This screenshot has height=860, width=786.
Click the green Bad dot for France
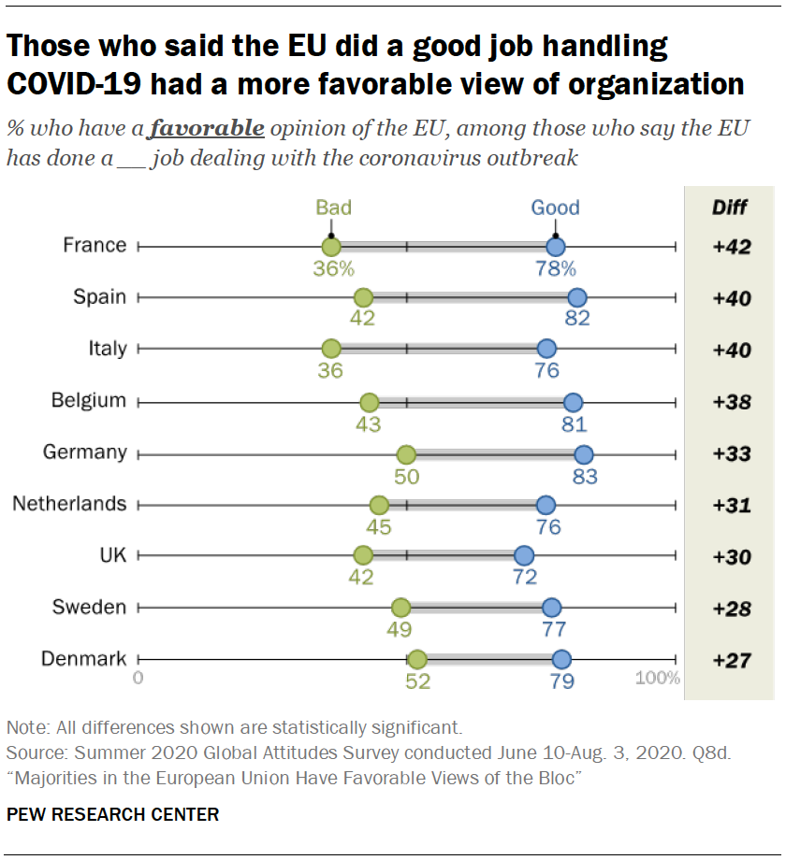pos(330,247)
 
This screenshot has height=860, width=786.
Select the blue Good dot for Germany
pos(583,454)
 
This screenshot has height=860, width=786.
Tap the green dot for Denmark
pos(417,660)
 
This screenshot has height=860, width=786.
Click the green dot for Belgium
pos(369,403)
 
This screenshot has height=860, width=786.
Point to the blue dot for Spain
pos(577,298)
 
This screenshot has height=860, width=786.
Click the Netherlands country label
pos(69,504)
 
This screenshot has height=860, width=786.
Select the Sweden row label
pos(90,608)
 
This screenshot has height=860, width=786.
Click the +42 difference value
pos(731,248)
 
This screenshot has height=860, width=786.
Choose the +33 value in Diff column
pos(731,454)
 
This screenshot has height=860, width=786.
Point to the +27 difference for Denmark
pos(731,660)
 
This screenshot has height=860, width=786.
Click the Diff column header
pos(730,207)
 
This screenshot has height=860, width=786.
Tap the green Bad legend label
pos(333,208)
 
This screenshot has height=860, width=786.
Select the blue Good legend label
pos(555,208)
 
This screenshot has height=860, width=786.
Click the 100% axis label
pos(658,678)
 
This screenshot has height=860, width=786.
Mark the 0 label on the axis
pos(138,678)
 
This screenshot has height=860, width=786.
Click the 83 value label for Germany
pos(586,476)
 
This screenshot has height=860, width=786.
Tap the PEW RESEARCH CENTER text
pos(113,814)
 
